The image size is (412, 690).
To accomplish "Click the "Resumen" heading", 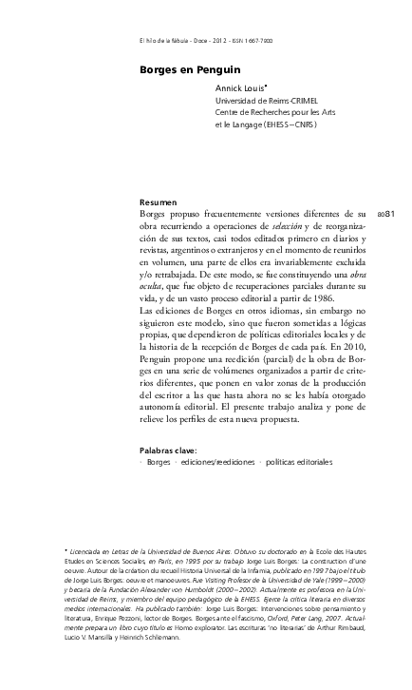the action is pyautogui.click(x=158, y=203).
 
